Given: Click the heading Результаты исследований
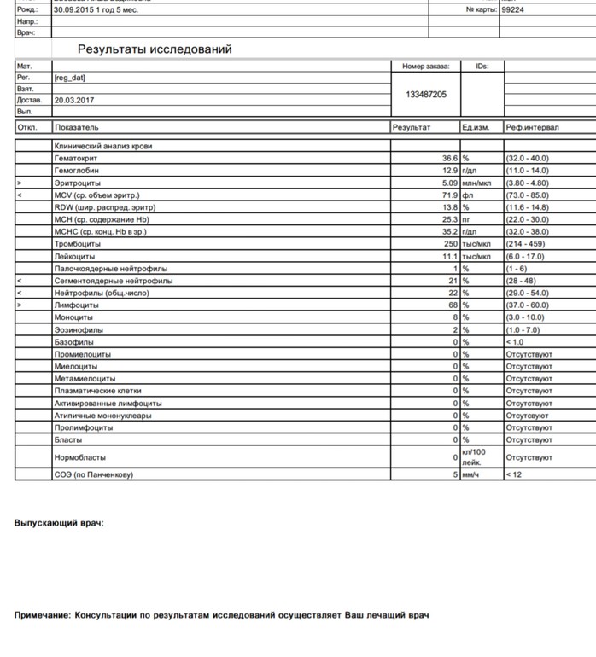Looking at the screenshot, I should pyautogui.click(x=155, y=49).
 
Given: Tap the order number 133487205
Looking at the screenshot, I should pyautogui.click(x=426, y=95).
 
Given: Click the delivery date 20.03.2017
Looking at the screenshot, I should pyautogui.click(x=73, y=100).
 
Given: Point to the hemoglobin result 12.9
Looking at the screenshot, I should pyautogui.click(x=450, y=171).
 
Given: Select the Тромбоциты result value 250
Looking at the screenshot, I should pyautogui.click(x=450, y=244).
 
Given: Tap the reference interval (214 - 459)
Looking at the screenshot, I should pyautogui.click(x=526, y=244).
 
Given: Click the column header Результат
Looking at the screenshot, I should pyautogui.click(x=412, y=127).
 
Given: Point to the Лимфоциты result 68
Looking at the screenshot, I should pyautogui.click(x=453, y=305).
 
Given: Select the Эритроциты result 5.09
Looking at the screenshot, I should pyautogui.click(x=450, y=183).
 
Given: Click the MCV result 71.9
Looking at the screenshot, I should pyautogui.click(x=450, y=195).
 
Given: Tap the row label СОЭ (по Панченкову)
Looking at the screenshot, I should pyautogui.click(x=94, y=474).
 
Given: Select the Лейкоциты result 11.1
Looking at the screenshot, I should pyautogui.click(x=450, y=256).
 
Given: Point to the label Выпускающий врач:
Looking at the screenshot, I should pyautogui.click(x=59, y=522).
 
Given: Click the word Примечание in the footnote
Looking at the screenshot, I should pyautogui.click(x=42, y=614).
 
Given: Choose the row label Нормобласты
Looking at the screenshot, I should pyautogui.click(x=79, y=457).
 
